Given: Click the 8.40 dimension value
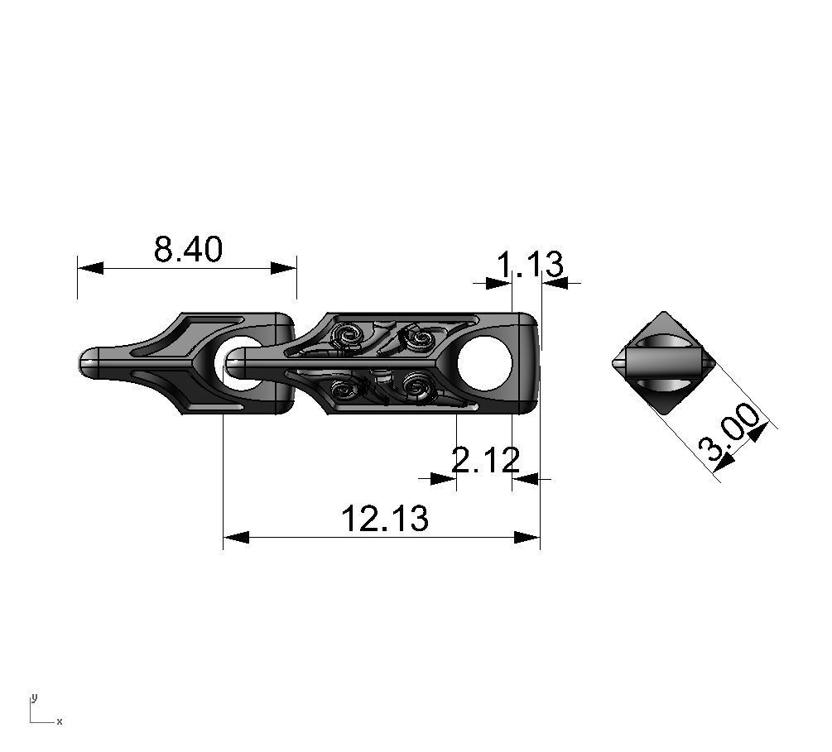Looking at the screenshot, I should pos(188,248).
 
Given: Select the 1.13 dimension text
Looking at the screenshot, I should pos(530,266).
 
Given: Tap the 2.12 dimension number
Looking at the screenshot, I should pos(486,459).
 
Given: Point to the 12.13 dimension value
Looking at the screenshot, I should pos(385,519).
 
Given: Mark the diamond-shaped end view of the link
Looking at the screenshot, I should pos(664,363).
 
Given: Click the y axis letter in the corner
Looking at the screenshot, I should pos(34,697).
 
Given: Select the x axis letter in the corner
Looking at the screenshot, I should pos(59,721).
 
